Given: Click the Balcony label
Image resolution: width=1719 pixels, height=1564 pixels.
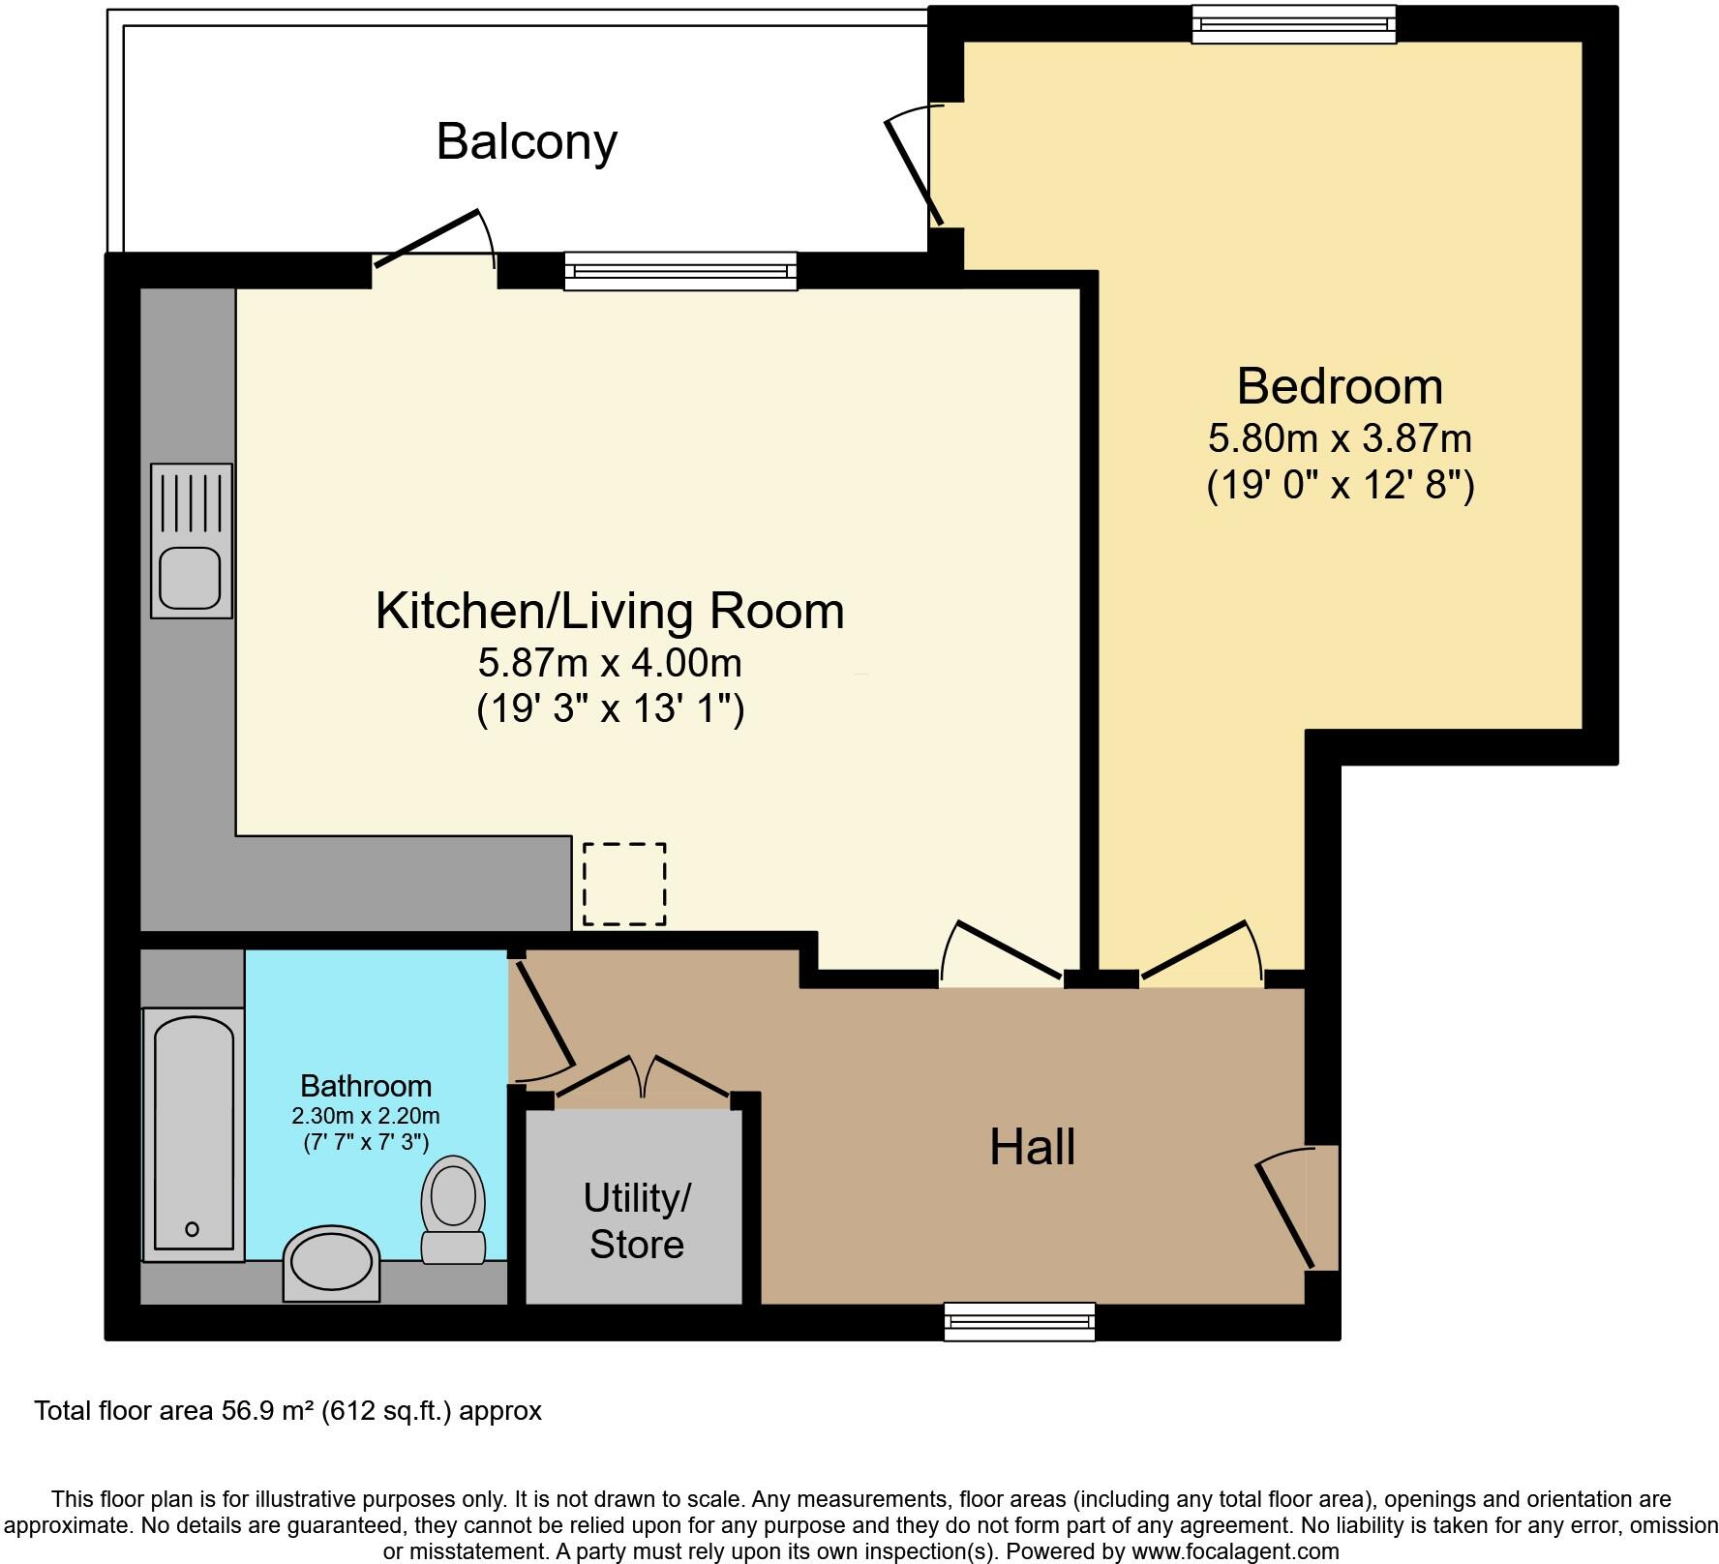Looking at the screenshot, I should [x=527, y=142].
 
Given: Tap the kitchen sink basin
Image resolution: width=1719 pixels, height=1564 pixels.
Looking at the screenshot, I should [x=191, y=577].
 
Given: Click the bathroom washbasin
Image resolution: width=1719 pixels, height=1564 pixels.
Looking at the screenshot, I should [x=330, y=1264].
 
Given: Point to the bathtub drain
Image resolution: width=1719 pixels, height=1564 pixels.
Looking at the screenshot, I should [x=192, y=1229].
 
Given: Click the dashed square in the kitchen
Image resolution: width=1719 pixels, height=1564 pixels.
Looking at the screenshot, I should [x=624, y=884].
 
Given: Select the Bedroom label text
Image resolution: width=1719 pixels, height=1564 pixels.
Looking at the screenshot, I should [x=1340, y=386].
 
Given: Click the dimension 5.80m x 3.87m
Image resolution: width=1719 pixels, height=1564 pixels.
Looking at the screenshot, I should [x=1340, y=438].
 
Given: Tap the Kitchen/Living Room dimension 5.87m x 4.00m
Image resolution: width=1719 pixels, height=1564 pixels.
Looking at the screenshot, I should [x=610, y=663].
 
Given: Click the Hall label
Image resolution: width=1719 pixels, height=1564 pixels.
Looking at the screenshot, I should [x=1032, y=1147].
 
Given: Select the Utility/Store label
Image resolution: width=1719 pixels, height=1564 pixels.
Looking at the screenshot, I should [x=636, y=1221].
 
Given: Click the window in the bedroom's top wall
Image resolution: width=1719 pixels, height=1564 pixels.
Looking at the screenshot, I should [x=1293, y=24].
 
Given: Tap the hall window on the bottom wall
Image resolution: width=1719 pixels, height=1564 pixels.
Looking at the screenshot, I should [x=1019, y=1321].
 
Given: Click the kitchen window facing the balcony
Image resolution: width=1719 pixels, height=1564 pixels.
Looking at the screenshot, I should [x=680, y=271].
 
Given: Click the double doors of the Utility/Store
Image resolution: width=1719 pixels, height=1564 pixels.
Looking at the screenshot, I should [x=644, y=1079].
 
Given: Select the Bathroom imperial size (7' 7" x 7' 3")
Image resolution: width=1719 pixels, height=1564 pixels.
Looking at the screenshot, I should [x=366, y=1142].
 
